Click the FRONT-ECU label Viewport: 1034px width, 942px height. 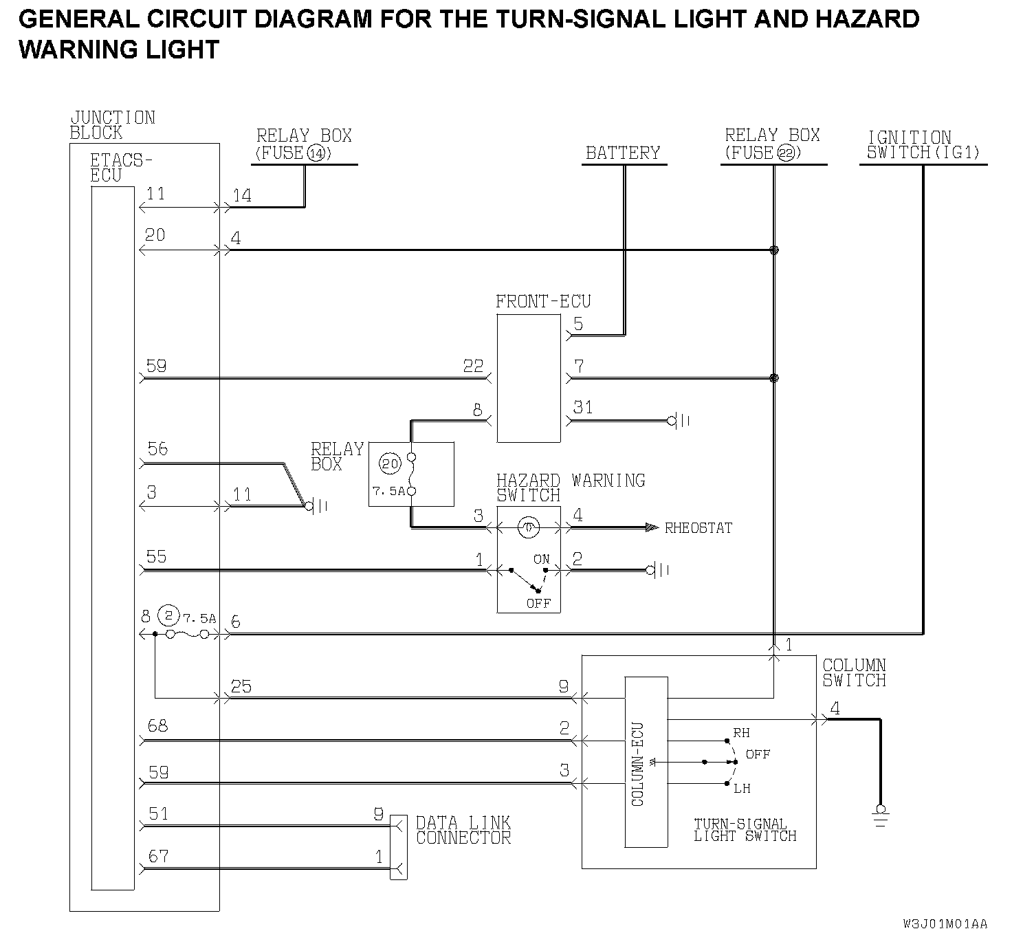pos(543,301)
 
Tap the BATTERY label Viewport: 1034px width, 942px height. pos(622,153)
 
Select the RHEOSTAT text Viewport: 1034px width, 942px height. pos(698,528)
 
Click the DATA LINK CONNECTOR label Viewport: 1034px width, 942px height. pos(463,830)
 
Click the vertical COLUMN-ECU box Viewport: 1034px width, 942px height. pos(646,762)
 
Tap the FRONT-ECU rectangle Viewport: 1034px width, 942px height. pos(528,378)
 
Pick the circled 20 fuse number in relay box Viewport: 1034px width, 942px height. pos(390,463)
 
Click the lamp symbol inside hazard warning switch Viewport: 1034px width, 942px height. pos(528,527)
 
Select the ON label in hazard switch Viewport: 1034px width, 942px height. pos(542,559)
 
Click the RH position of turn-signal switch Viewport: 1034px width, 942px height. pos(741,733)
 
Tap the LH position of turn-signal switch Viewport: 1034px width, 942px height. pos(742,789)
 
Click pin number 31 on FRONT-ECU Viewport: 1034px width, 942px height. pos(583,407)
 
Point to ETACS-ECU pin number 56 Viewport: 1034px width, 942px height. pos(157,449)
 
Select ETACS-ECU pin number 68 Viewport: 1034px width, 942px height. pos(158,725)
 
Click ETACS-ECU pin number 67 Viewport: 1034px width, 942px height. pos(158,856)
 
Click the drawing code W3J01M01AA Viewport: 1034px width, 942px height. pos(945,923)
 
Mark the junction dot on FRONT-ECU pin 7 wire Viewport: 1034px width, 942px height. pos(773,378)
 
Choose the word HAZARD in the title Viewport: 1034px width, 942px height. pos(867,19)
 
